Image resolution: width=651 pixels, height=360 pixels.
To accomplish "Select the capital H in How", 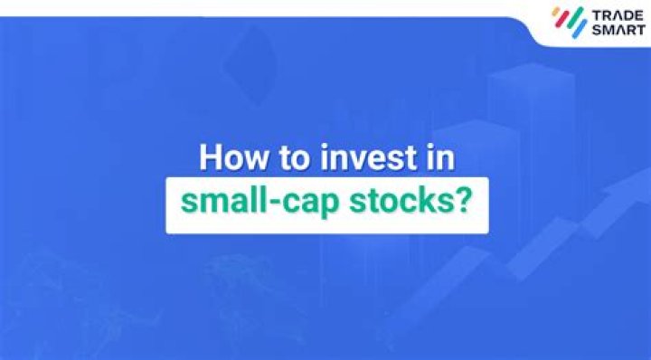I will click(x=210, y=156).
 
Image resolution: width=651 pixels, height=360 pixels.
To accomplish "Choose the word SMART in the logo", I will click(x=612, y=33).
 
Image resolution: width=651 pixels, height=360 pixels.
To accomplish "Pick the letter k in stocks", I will click(x=425, y=199).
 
